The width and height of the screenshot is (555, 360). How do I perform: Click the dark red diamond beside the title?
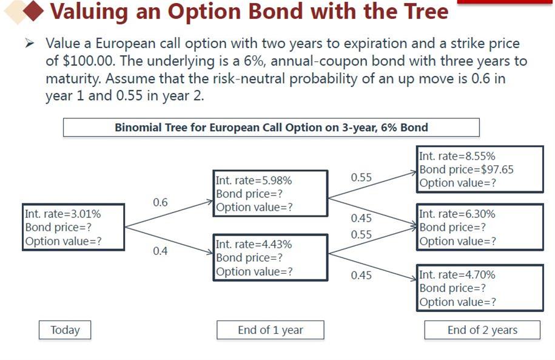tap(33, 11)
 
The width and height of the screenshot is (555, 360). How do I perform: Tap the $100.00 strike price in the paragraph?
tap(88, 61)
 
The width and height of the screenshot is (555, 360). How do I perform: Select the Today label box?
tap(65, 330)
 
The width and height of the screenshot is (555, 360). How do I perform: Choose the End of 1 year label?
tap(271, 330)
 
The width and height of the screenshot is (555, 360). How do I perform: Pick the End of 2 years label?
tap(482, 330)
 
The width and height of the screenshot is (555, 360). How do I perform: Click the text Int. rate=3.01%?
tap(63, 214)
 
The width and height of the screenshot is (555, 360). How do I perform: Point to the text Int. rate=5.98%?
tap(254, 181)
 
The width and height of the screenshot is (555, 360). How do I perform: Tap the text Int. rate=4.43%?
tap(254, 245)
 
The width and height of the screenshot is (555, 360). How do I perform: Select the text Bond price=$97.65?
tap(466, 170)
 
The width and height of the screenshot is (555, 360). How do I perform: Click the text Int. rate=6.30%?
tap(457, 214)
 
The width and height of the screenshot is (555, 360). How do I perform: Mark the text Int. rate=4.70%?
tap(457, 275)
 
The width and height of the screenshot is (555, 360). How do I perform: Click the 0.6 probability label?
tap(160, 202)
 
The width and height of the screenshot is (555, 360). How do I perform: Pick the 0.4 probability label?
tap(160, 251)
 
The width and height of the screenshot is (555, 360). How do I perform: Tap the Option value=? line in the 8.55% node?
tap(458, 183)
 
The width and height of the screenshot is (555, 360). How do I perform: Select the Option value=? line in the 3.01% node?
tap(63, 241)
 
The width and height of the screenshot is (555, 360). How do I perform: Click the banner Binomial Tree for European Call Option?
tap(271, 127)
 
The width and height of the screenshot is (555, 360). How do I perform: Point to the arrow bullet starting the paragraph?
tap(29, 43)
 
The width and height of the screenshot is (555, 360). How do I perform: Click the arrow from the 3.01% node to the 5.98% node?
tap(169, 214)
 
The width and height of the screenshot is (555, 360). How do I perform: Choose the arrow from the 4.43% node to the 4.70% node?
tap(372, 267)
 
